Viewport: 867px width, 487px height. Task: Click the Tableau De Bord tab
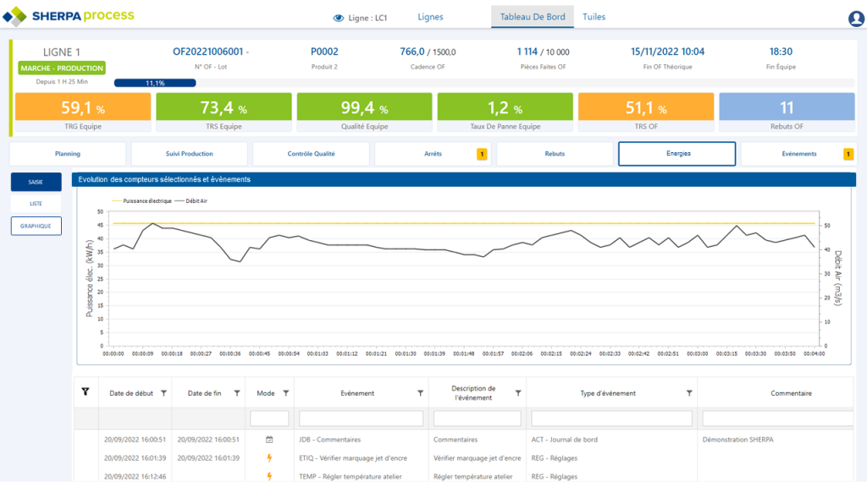(x=532, y=17)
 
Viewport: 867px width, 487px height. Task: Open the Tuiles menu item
(x=594, y=17)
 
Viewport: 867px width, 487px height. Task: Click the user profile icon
(x=855, y=19)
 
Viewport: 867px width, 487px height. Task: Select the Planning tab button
(x=68, y=154)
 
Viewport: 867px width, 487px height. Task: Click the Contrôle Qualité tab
(x=311, y=154)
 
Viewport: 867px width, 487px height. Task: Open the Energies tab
(x=676, y=154)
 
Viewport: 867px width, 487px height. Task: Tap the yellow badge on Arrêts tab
(x=482, y=154)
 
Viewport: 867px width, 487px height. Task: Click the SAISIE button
(x=36, y=182)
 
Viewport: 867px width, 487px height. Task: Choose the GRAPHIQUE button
(x=36, y=226)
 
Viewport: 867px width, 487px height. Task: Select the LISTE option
(x=36, y=204)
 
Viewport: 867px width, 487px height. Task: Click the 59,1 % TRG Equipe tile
(x=83, y=113)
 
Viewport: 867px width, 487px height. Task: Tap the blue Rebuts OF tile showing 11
(x=787, y=113)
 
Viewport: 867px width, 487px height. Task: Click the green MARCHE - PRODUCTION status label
(x=62, y=68)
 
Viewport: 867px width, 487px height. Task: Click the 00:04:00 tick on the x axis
(x=814, y=354)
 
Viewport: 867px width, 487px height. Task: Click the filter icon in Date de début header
(x=163, y=393)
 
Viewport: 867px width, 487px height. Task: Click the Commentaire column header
(x=791, y=393)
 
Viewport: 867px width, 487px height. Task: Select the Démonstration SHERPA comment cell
(x=737, y=440)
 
